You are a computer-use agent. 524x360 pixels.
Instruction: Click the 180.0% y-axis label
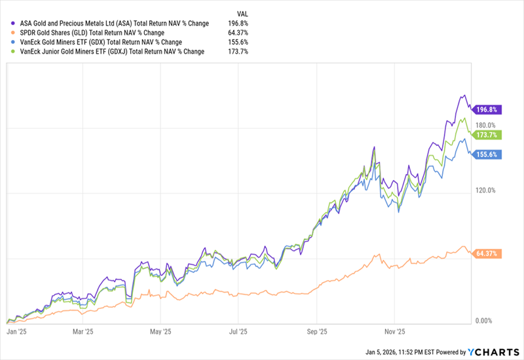pyautogui.click(x=485, y=125)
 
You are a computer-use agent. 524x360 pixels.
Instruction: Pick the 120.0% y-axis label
pyautogui.click(x=485, y=190)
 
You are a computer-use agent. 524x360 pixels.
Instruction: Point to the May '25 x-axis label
pyautogui.click(x=160, y=331)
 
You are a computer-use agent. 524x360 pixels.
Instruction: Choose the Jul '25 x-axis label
pyautogui.click(x=237, y=331)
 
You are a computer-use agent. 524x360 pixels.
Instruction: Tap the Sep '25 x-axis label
pyautogui.click(x=316, y=331)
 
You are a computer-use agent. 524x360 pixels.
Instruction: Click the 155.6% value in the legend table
pyautogui.click(x=238, y=42)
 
